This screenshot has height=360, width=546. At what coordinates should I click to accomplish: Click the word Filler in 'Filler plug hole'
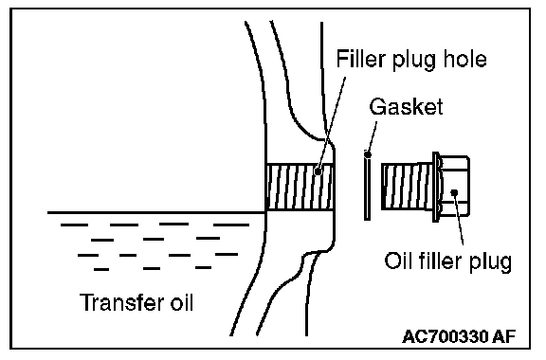pos(362,59)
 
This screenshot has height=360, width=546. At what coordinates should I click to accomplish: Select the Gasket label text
pos(406,106)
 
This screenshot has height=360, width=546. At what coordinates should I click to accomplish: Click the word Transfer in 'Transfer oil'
pos(121,302)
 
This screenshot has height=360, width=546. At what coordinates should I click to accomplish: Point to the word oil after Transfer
pos(181,302)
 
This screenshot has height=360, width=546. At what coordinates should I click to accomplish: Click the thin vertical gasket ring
pos(367,188)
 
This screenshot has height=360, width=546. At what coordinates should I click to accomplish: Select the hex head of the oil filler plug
pos(454,186)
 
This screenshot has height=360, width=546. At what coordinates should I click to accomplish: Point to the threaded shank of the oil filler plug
pos(407,187)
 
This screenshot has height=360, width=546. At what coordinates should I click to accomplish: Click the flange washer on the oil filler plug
pos(436,187)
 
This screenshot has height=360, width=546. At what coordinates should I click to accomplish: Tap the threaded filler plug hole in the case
pos(300,187)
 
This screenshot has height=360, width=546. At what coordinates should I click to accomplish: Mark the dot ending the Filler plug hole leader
pos(318,171)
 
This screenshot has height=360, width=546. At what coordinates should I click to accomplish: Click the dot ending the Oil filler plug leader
pos(454,192)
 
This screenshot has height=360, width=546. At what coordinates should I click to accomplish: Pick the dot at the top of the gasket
pos(368,154)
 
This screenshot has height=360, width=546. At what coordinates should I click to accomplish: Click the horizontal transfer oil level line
pos(156,212)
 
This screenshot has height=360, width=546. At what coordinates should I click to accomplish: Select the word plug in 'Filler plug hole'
pos(414,61)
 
